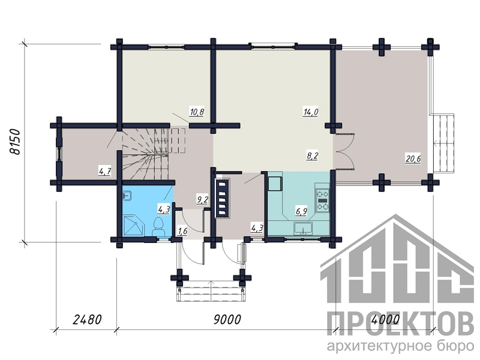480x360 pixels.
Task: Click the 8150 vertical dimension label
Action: [x=14, y=142]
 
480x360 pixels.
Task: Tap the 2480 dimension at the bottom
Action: [x=87, y=320]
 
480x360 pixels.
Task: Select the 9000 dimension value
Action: [x=227, y=320]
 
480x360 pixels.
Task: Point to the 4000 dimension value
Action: [x=385, y=320]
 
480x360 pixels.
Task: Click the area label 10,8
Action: [x=197, y=112]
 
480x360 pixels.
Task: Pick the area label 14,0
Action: [x=311, y=112]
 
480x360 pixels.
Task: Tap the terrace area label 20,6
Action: [x=413, y=159]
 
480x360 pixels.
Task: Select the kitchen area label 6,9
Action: [x=301, y=211]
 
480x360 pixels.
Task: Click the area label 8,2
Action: [x=313, y=156]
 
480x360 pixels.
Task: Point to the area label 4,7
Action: [x=104, y=171]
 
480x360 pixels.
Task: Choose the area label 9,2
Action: [x=202, y=200]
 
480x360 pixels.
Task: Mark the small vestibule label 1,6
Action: [x=182, y=231]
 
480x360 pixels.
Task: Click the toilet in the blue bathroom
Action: [x=158, y=227]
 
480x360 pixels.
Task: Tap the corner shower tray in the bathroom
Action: [x=133, y=226]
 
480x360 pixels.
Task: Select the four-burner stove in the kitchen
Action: [x=322, y=197]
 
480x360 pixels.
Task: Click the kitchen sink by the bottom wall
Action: [x=303, y=229]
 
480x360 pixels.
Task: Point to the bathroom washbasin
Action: [x=127, y=195]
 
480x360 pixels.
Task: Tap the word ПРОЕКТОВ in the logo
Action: [x=400, y=324]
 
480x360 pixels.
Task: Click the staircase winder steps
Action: [x=145, y=155]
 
